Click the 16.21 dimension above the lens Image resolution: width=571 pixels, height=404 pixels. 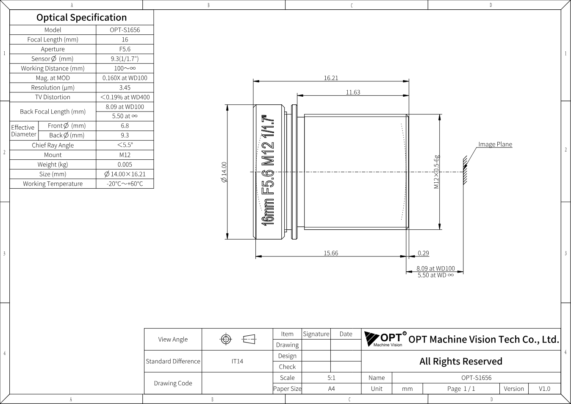click(331, 78)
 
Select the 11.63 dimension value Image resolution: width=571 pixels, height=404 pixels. click(353, 92)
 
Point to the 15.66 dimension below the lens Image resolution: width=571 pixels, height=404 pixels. click(331, 253)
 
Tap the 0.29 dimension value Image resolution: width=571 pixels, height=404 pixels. click(424, 253)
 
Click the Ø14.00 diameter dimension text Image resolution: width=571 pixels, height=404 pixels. click(224, 172)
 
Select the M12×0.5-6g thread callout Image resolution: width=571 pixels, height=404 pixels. click(437, 172)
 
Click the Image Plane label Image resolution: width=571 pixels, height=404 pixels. click(495, 145)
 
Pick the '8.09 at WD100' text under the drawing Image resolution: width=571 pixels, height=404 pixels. click(435, 268)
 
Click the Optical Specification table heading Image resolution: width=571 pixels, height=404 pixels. click(82, 17)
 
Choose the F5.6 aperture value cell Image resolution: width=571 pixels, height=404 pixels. click(125, 49)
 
